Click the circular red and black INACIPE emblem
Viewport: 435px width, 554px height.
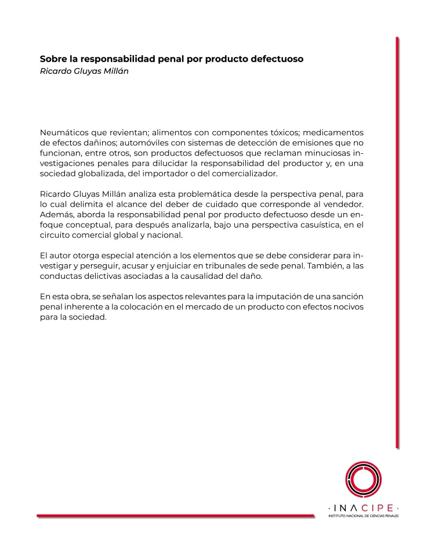point(363,478)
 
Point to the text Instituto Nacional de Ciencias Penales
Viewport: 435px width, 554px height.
point(364,515)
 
